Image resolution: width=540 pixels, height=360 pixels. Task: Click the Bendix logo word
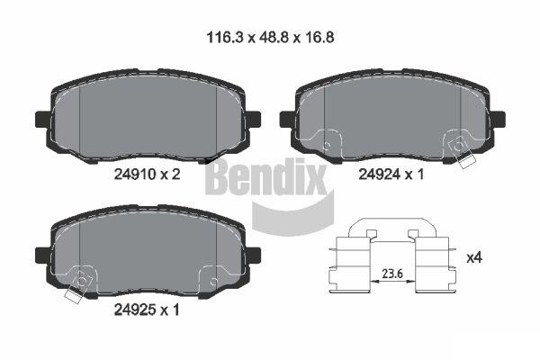click(x=266, y=176)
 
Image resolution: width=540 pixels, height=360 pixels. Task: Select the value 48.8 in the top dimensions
click(x=270, y=37)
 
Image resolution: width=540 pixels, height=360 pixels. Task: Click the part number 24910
click(x=135, y=175)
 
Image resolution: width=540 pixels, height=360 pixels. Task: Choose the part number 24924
click(x=380, y=175)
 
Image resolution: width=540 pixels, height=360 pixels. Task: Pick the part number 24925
click(x=135, y=310)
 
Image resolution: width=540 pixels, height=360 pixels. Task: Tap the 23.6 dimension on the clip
click(x=392, y=274)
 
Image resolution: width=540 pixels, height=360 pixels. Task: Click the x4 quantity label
click(x=474, y=257)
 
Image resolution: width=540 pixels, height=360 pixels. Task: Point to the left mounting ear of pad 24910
click(x=43, y=119)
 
